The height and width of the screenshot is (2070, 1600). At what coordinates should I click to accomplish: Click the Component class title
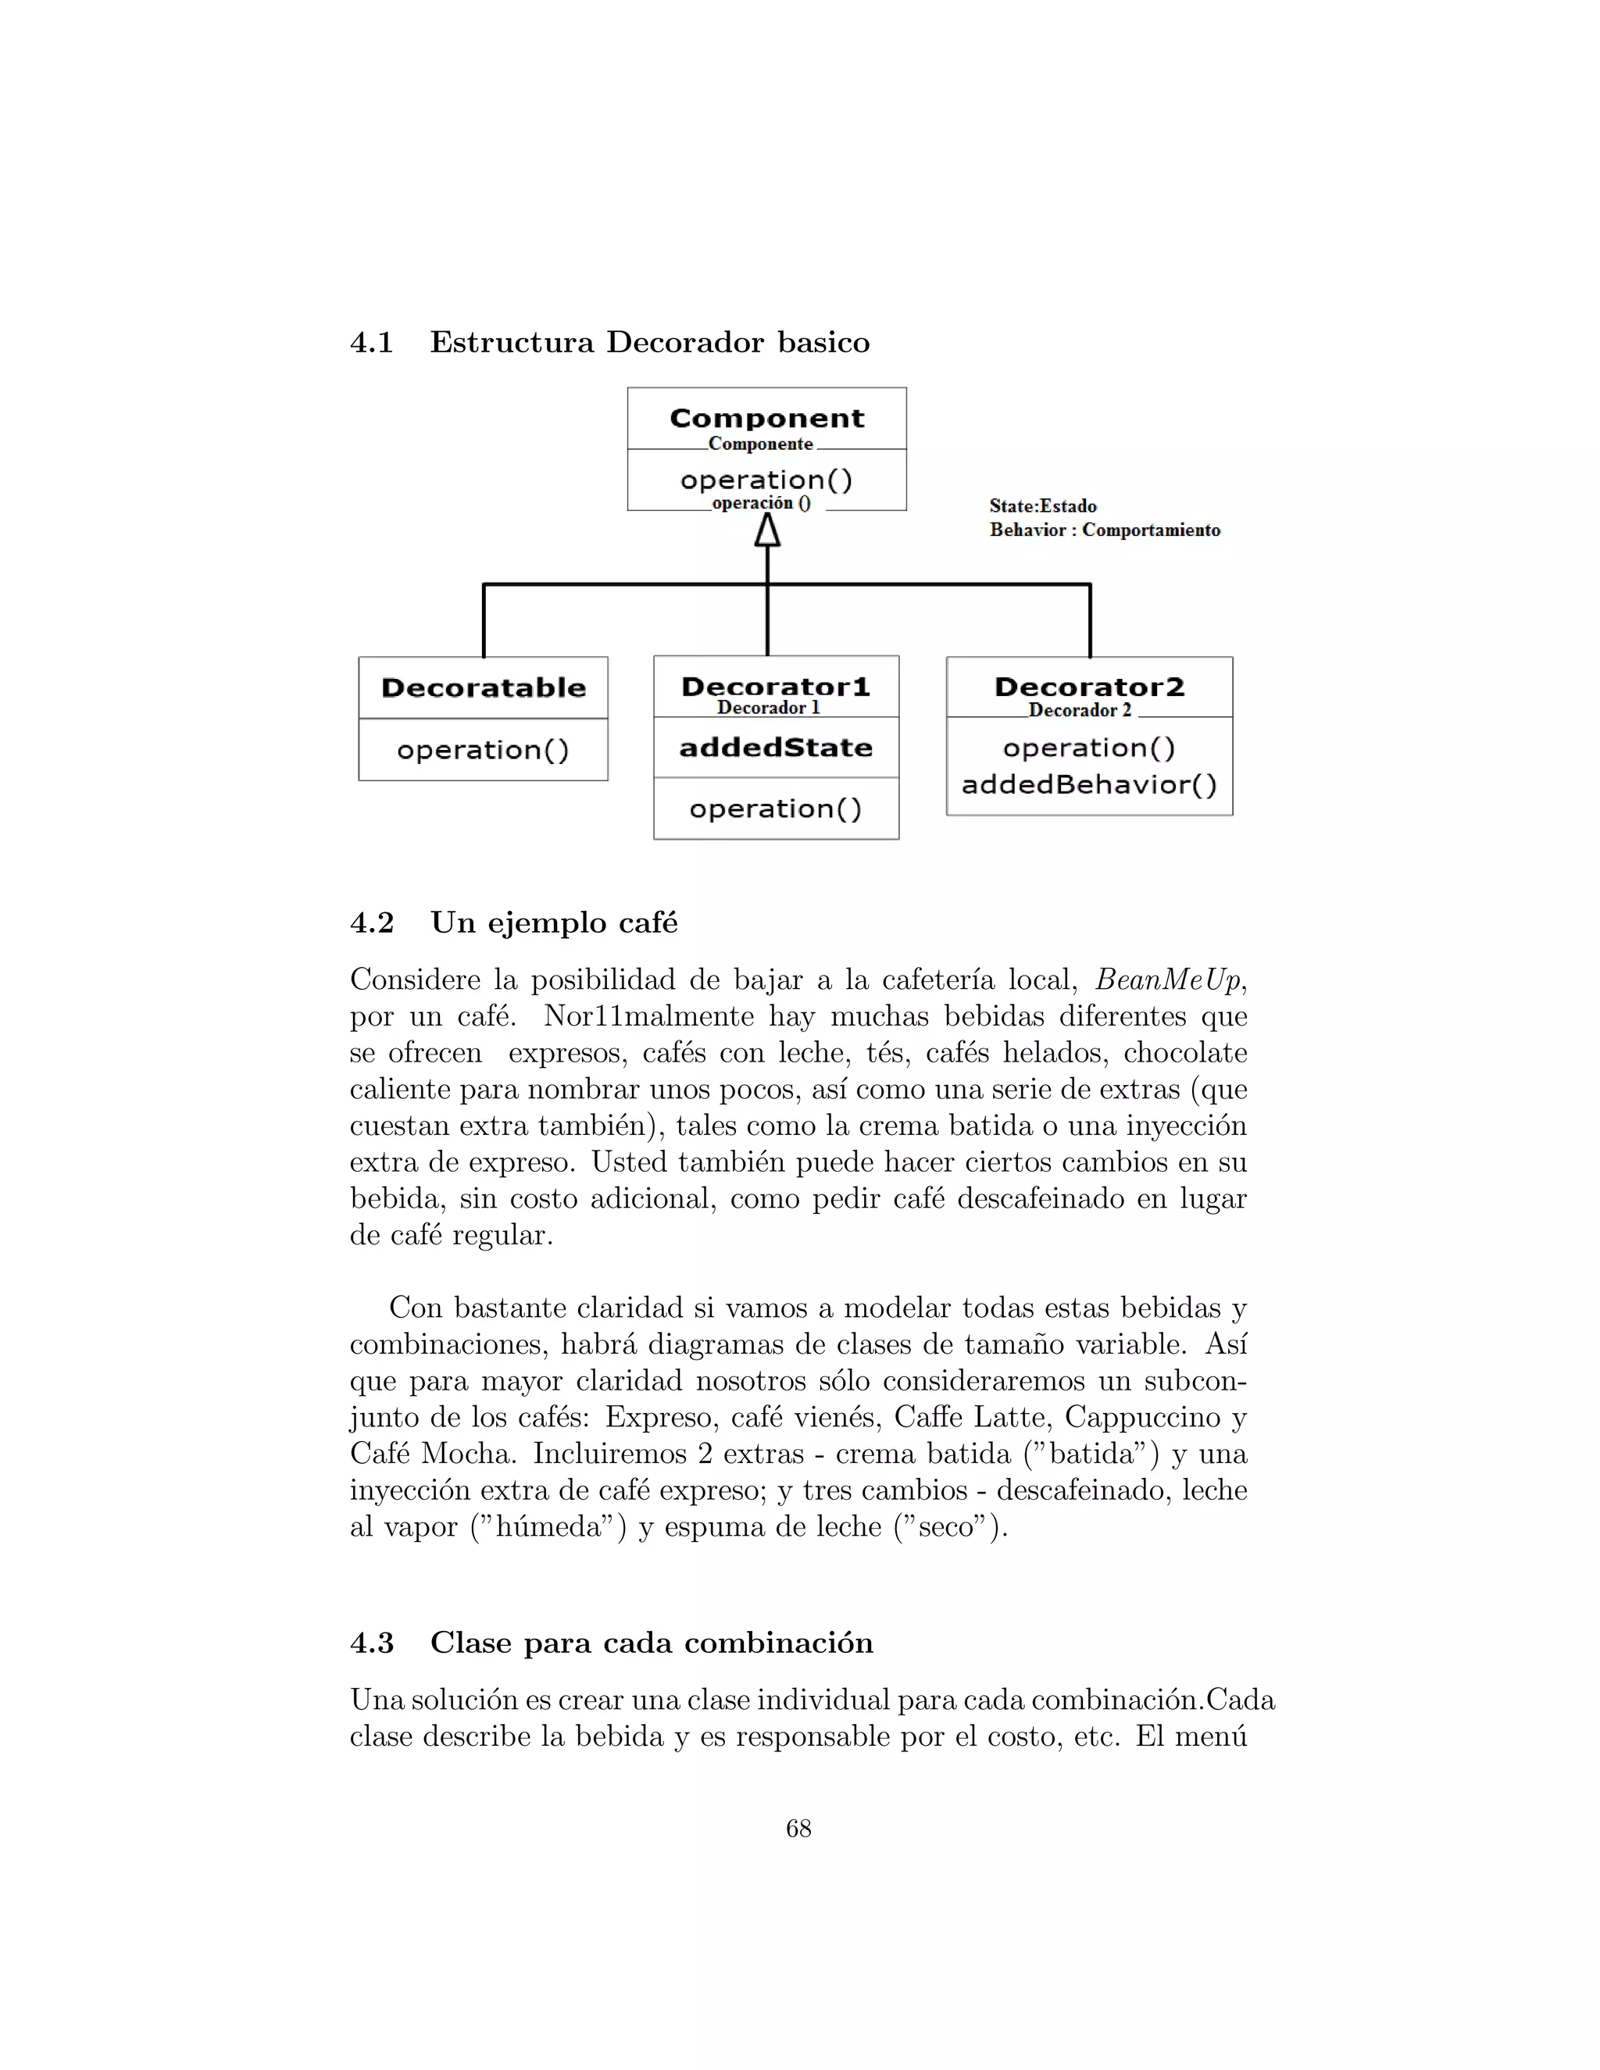point(767,418)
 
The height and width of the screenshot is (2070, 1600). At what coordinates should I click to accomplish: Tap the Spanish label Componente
point(760,444)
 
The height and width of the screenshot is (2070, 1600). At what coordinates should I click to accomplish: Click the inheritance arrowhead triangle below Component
point(767,530)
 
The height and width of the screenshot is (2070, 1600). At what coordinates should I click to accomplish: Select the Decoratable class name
point(484,688)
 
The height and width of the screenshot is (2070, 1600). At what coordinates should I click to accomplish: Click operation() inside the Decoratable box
point(484,750)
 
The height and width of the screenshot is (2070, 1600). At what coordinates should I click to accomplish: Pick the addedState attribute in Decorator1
point(775,748)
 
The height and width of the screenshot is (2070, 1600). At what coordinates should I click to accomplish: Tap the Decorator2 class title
point(1089,687)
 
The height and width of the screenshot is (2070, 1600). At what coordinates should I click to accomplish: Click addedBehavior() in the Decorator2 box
point(1089,785)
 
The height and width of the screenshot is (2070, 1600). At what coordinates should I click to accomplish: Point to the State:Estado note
point(1043,506)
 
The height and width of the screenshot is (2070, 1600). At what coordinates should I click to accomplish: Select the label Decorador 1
point(768,708)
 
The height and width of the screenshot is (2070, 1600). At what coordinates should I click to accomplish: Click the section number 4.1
point(372,342)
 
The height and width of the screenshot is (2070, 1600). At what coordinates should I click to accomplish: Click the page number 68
point(798,1829)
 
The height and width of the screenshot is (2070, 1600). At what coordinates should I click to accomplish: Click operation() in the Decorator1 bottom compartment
point(775,808)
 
